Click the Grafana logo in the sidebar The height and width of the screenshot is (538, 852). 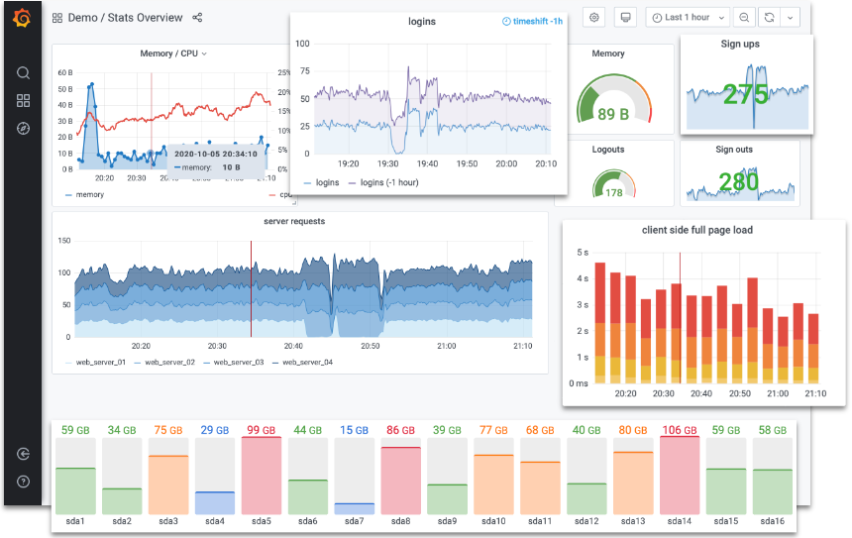(x=23, y=18)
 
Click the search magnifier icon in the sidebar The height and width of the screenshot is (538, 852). (x=23, y=72)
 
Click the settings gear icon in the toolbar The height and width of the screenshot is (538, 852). (x=594, y=18)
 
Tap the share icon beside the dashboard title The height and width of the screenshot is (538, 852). (x=197, y=18)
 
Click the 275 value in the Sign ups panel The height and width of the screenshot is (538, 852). (x=746, y=95)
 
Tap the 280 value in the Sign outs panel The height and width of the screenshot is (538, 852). (x=738, y=181)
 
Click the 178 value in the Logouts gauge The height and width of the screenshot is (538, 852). (x=614, y=192)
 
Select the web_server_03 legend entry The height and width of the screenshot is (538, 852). (x=234, y=363)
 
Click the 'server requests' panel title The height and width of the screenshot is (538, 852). (x=293, y=221)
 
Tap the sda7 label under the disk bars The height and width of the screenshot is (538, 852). (x=354, y=521)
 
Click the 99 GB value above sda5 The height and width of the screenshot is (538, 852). (x=261, y=431)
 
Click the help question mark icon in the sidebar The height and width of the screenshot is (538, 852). (x=23, y=482)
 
